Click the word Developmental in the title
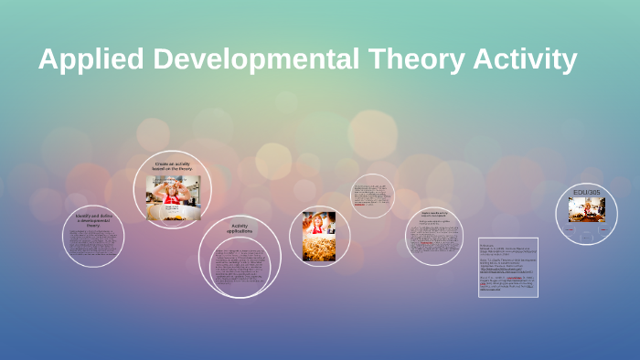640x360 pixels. (255, 59)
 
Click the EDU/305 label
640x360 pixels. (586, 193)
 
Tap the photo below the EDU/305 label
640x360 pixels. (586, 210)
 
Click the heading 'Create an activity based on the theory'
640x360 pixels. (173, 167)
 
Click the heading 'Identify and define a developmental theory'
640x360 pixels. (93, 219)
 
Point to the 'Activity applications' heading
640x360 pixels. (240, 228)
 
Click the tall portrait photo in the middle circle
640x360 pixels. (319, 236)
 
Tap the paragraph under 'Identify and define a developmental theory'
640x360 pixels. (93, 245)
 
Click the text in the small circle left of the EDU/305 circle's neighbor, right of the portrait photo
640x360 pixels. (372, 199)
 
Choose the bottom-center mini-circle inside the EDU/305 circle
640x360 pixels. (586, 237)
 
